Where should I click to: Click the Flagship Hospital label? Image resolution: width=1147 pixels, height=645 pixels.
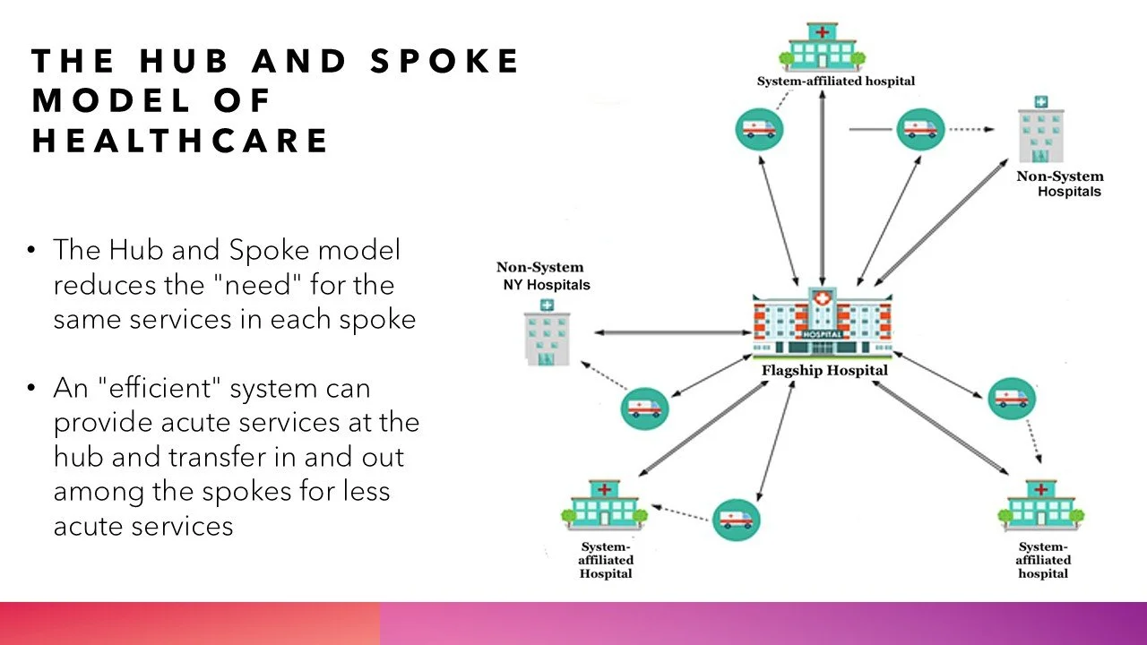tap(824, 370)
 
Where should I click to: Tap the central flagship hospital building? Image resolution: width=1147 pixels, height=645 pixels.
tap(823, 322)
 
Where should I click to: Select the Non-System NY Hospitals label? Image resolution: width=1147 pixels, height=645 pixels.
tap(543, 276)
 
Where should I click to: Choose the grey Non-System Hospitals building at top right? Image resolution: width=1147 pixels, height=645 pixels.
tap(1041, 129)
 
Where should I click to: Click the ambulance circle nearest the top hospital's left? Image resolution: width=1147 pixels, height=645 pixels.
tap(759, 129)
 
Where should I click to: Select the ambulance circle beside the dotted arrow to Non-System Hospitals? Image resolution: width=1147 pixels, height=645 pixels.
tap(920, 129)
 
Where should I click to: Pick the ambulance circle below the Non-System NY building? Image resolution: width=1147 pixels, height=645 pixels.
tap(644, 408)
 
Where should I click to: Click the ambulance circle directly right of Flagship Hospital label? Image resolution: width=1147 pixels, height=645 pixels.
tap(1012, 399)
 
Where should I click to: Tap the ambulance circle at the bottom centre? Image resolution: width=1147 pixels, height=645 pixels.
tap(737, 520)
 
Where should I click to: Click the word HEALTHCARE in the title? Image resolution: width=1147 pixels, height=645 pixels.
tap(180, 141)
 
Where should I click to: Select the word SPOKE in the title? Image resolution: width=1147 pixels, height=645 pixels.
tap(444, 61)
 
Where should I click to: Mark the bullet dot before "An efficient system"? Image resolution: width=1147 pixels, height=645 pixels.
tap(31, 388)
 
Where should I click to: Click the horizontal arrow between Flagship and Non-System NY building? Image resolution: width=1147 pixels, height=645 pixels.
tap(672, 332)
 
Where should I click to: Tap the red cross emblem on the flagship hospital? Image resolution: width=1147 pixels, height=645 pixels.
tap(823, 298)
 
